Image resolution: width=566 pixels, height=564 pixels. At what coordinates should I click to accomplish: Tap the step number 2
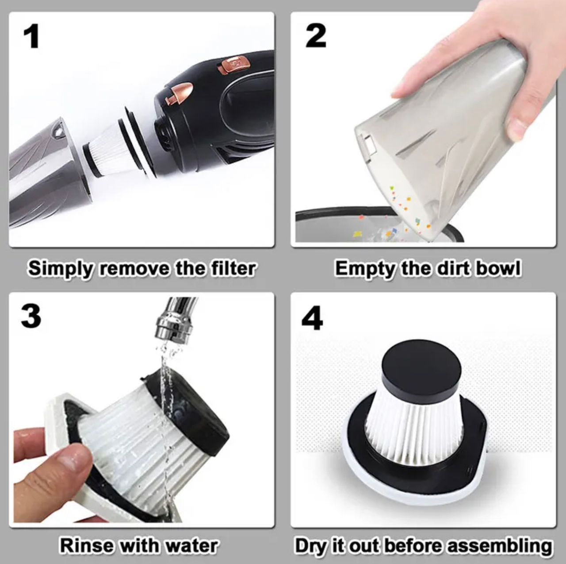(x=316, y=36)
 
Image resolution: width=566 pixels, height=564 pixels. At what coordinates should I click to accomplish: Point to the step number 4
(x=312, y=317)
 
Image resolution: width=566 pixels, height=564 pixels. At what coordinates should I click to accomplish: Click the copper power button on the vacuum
(x=235, y=65)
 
